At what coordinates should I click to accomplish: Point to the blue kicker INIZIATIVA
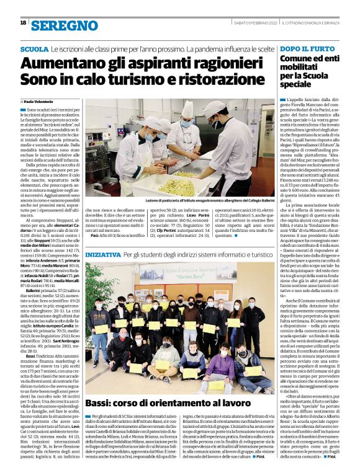[x=103, y=255]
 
